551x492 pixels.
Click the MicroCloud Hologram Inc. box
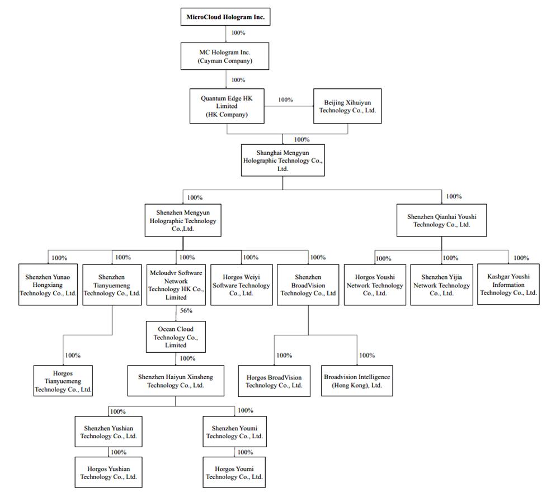(x=225, y=17)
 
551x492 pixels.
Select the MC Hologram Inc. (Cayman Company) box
(x=226, y=56)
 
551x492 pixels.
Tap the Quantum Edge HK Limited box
(x=226, y=106)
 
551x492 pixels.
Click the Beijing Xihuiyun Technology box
(x=347, y=106)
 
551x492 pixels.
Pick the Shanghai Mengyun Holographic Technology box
(x=282, y=160)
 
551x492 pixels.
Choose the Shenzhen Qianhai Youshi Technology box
(x=441, y=220)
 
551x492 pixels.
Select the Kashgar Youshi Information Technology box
(x=508, y=284)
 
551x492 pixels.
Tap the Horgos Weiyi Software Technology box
(x=241, y=284)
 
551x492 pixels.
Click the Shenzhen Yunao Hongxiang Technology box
(x=48, y=284)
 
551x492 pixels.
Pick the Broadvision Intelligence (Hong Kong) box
(x=357, y=381)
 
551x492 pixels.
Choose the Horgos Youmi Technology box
(x=234, y=472)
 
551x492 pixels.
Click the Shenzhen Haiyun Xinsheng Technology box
(x=176, y=381)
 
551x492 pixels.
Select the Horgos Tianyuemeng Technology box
(x=63, y=381)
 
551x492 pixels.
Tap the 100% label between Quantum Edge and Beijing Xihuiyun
(x=285, y=100)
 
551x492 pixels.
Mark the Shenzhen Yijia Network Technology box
(x=441, y=284)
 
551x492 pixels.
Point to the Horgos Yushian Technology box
(x=108, y=472)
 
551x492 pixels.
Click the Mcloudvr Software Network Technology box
(x=176, y=284)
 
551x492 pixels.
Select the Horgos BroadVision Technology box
(x=274, y=381)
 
